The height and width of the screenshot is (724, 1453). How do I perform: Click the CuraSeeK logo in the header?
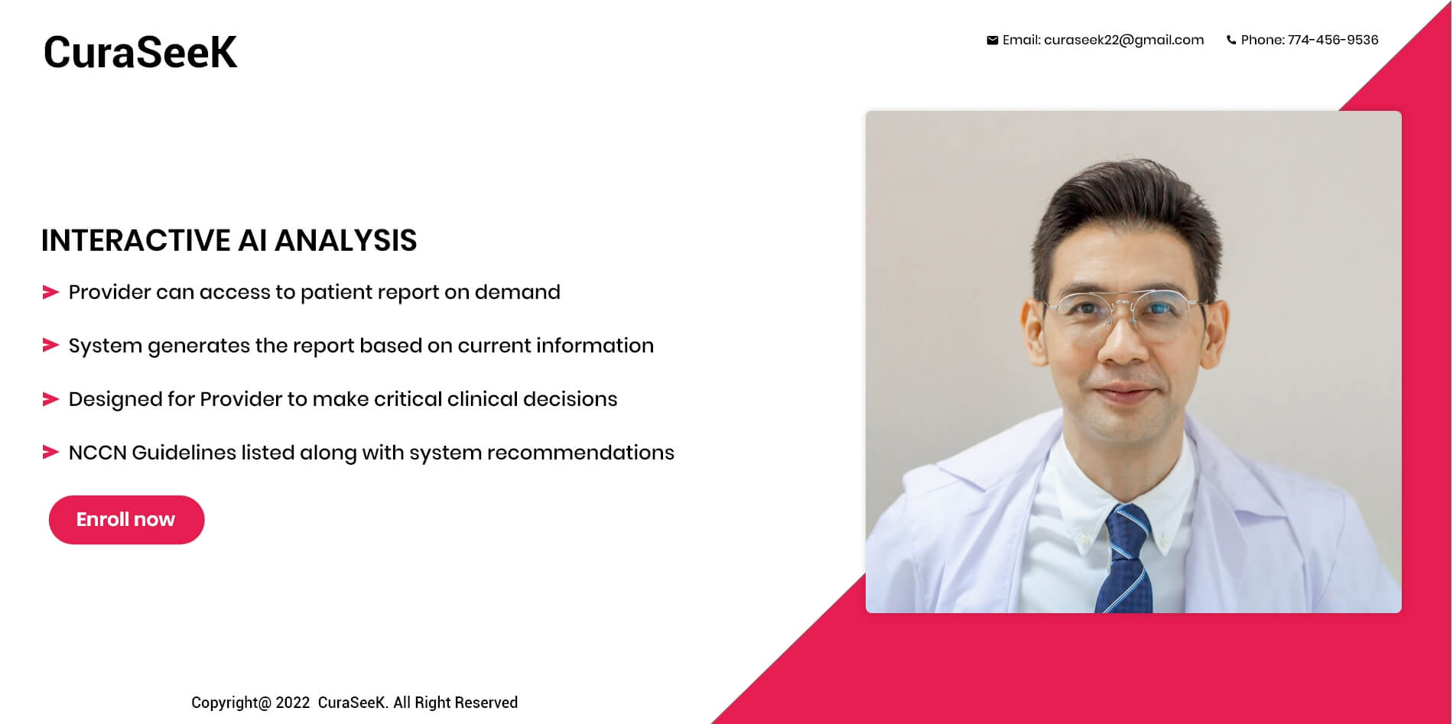click(140, 52)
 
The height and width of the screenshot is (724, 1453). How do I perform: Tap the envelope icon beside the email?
click(992, 41)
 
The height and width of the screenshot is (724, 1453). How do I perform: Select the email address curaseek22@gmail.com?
click(1123, 41)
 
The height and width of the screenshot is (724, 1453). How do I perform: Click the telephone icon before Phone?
click(1231, 41)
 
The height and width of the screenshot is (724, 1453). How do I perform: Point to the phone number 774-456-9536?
click(1333, 40)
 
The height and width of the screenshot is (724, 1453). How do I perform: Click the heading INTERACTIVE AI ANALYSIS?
click(229, 240)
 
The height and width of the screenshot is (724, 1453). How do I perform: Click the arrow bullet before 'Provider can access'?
click(50, 292)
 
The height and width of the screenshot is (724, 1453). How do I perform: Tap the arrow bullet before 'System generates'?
click(50, 346)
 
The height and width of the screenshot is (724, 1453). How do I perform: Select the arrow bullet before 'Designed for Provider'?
click(50, 399)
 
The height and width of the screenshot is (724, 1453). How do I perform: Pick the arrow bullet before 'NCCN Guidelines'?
click(50, 453)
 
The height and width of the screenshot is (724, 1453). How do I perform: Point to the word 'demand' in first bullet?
click(518, 292)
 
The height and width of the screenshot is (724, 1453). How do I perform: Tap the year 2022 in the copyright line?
click(293, 703)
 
